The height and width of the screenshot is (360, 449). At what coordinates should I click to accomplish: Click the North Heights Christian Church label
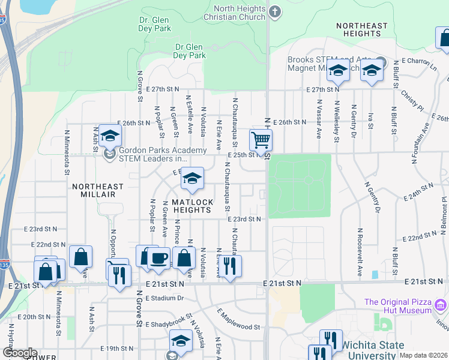click(240, 13)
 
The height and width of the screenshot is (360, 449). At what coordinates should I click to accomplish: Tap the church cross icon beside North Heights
click(275, 11)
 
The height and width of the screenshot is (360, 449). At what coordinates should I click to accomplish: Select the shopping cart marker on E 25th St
click(261, 141)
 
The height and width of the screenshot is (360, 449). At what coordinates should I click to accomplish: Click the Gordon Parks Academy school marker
click(110, 137)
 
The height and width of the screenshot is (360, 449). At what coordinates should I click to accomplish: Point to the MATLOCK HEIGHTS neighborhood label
click(191, 206)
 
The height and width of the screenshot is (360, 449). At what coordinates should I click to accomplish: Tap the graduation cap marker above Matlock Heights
click(192, 179)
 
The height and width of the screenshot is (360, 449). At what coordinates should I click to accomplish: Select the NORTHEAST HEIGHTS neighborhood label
click(362, 29)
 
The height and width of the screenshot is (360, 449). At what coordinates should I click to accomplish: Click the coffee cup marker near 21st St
click(158, 258)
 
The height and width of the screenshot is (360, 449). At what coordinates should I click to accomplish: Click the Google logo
click(19, 353)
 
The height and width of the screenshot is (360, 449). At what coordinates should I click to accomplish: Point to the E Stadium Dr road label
click(160, 298)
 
